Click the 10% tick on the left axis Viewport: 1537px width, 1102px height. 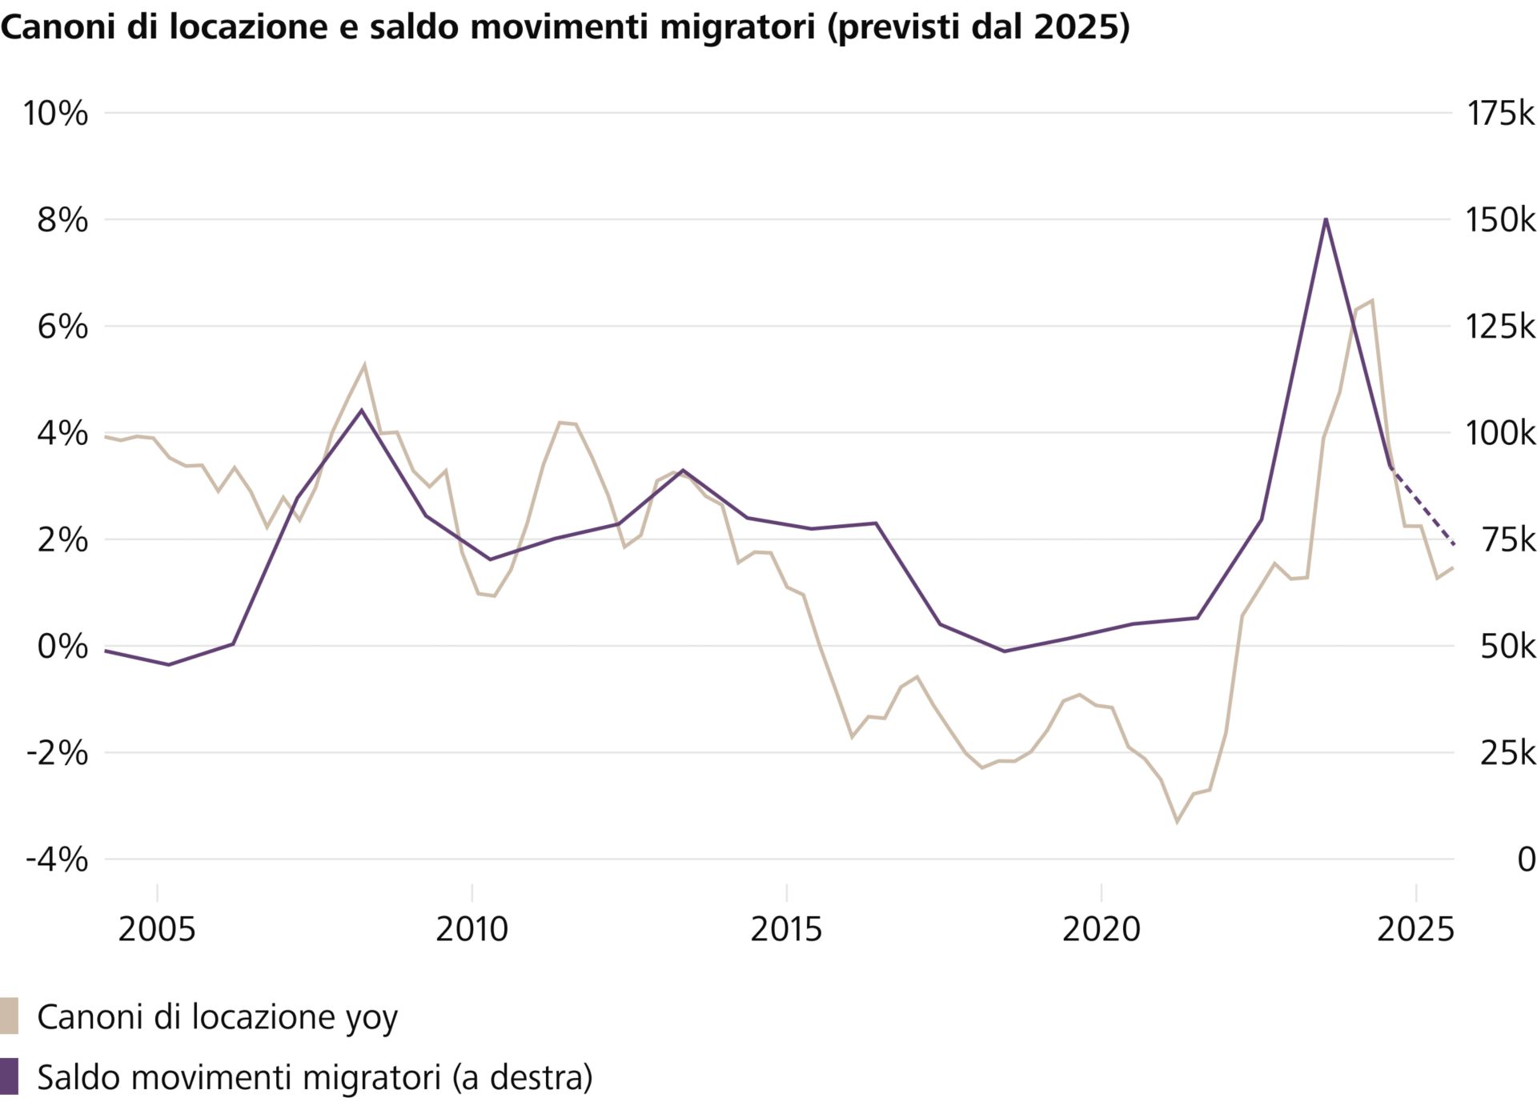(54, 113)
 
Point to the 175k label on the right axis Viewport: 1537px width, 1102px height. (1499, 113)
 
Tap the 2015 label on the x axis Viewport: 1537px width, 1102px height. (786, 929)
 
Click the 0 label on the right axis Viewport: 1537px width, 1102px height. (1526, 860)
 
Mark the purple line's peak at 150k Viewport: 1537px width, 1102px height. (1326, 219)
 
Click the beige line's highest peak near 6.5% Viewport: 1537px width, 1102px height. (1372, 301)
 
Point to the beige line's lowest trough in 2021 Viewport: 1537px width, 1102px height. (1177, 822)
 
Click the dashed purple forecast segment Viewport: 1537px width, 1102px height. (1423, 506)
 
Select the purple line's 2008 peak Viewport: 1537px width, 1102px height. (361, 410)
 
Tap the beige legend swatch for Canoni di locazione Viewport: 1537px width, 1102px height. (9, 1016)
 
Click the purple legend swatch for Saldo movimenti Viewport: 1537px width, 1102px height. (9, 1076)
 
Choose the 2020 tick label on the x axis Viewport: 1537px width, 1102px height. (1101, 929)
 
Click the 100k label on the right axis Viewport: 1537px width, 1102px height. (1499, 433)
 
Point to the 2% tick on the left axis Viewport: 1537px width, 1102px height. (62, 539)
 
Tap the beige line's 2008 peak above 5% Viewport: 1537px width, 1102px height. (364, 365)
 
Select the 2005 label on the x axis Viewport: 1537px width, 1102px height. (157, 929)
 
